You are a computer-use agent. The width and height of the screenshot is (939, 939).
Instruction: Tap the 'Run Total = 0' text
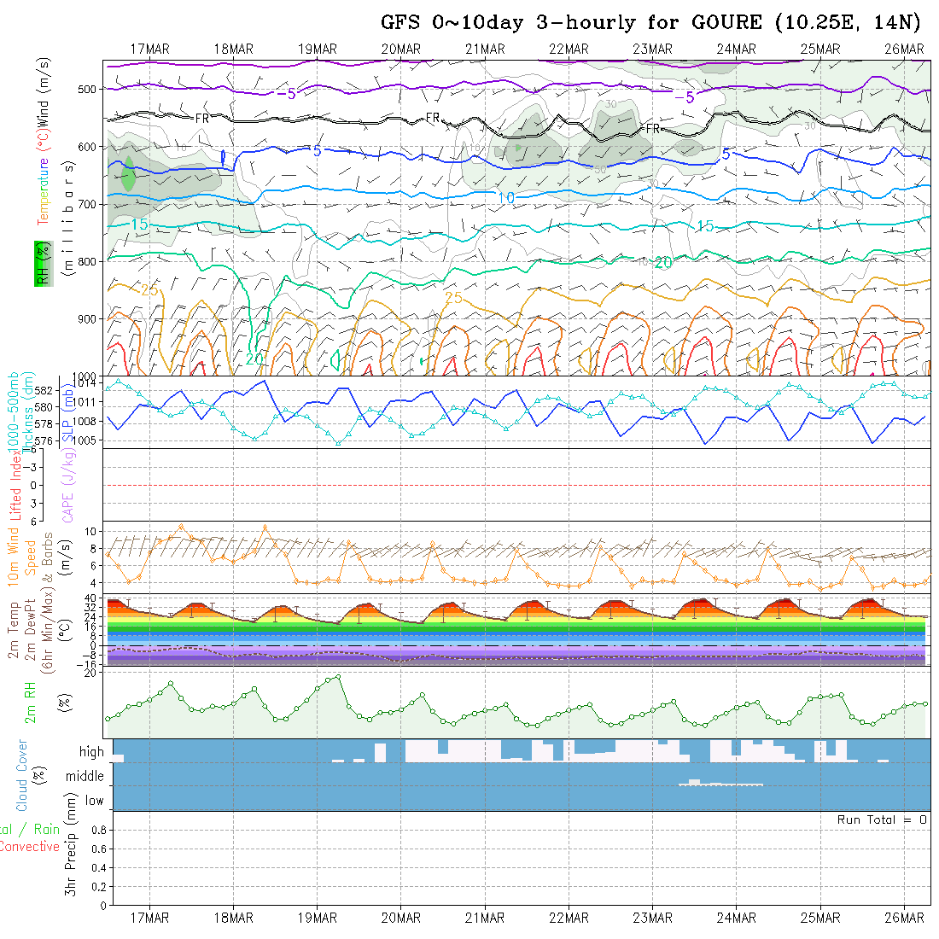[x=882, y=819]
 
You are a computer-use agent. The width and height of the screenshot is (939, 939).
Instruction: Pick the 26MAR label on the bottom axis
[x=904, y=918]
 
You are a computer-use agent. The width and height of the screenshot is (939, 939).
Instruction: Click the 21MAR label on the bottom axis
[x=484, y=918]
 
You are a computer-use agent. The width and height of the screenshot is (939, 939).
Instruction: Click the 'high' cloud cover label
[x=91, y=752]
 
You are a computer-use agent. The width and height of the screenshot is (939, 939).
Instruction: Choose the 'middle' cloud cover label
[x=85, y=776]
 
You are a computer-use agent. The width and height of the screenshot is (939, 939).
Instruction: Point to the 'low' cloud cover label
[x=94, y=801]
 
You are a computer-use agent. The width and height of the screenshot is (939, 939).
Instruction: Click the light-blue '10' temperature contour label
[x=505, y=197]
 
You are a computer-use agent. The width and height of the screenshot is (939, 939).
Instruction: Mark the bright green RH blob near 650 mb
[x=128, y=175]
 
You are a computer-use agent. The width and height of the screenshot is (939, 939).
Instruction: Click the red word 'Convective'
[x=29, y=847]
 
